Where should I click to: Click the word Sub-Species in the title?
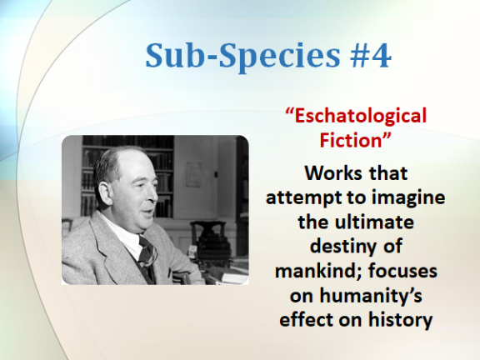coord(242,56)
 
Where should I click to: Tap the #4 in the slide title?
coord(370,55)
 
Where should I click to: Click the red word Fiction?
coord(351,140)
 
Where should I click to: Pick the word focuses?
coord(402,271)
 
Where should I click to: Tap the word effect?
coord(306,319)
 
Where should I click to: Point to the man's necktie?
coord(147,254)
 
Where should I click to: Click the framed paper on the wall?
coord(194,174)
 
